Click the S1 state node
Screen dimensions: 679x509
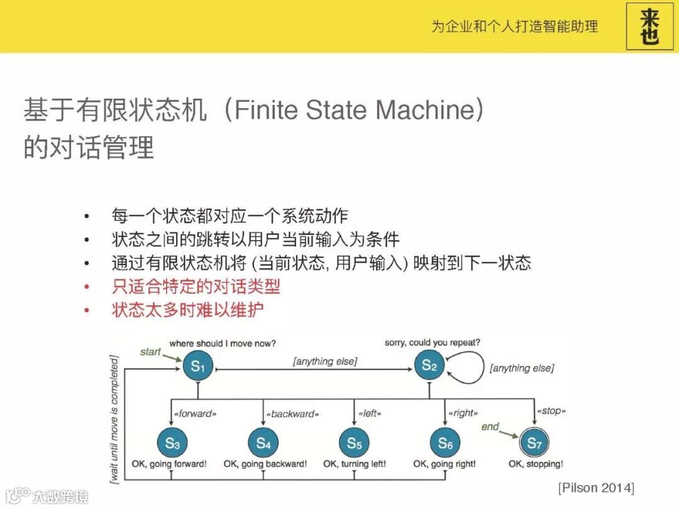point(198,366)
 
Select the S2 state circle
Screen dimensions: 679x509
point(429,365)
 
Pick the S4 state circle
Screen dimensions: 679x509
point(263,443)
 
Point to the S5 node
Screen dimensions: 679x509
point(355,443)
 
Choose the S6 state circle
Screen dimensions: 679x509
point(445,443)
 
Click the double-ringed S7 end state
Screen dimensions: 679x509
point(534,443)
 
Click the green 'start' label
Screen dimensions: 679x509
point(151,352)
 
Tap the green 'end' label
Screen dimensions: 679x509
point(490,427)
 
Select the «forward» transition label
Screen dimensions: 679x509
point(196,413)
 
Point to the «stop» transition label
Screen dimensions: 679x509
point(551,411)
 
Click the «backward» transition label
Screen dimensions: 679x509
point(292,413)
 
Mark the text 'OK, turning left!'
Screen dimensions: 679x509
point(355,464)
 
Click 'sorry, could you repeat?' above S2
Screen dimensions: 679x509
point(433,343)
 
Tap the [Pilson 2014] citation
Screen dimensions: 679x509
point(596,488)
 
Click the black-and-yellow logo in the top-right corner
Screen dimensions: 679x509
point(650,26)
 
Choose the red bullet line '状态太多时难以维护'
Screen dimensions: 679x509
point(187,310)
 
